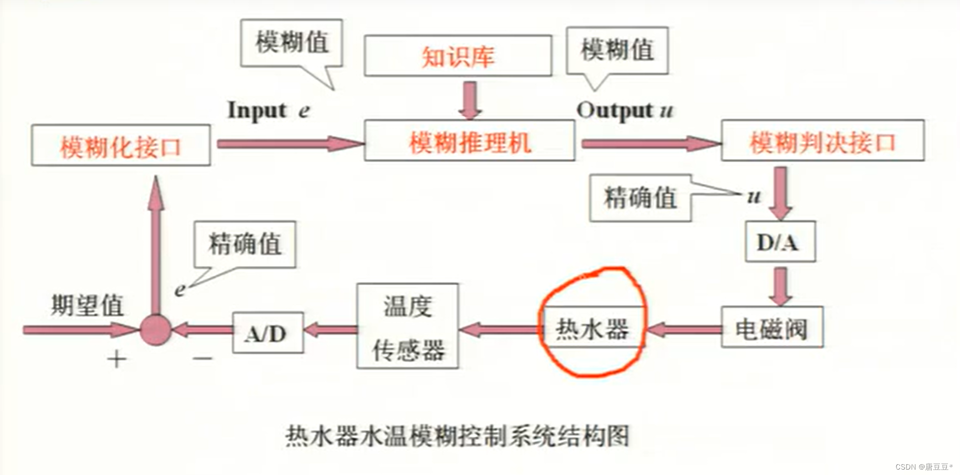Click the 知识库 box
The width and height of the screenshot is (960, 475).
(458, 56)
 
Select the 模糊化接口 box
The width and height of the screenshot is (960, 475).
(121, 146)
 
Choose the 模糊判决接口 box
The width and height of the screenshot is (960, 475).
(822, 141)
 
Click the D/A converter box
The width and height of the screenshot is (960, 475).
(780, 241)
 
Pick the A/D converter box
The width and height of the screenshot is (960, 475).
(267, 333)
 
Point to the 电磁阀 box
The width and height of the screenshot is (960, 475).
(772, 328)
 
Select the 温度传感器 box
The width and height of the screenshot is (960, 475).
(407, 326)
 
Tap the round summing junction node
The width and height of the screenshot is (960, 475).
(155, 330)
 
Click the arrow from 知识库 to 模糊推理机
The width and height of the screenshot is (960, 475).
(470, 100)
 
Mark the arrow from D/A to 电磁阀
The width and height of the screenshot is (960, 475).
(780, 285)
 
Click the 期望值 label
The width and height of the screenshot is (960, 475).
(87, 305)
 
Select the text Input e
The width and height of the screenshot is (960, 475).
(268, 110)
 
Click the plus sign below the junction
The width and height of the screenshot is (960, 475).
(116, 359)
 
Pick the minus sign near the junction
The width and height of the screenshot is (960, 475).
(202, 358)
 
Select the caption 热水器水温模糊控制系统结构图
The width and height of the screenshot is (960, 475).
(457, 436)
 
